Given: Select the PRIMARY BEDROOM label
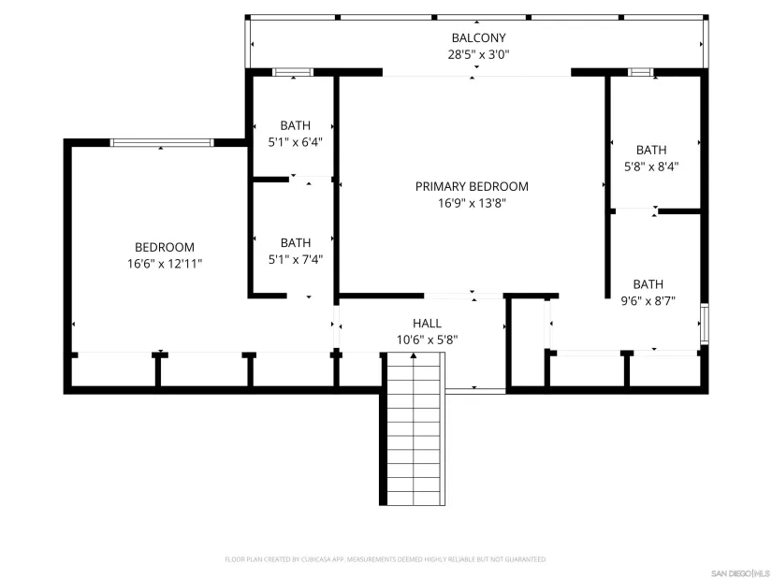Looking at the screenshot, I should click(472, 186).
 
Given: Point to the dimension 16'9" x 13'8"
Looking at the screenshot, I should click(472, 203).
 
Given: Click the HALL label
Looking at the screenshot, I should click(427, 323).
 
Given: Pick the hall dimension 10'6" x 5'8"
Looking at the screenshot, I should click(427, 340).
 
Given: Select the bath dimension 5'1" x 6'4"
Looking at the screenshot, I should click(295, 142).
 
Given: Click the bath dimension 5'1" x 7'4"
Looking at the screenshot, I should click(295, 259).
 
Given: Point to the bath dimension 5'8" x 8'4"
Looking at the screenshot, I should click(651, 166).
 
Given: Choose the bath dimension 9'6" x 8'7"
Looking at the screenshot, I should click(648, 301).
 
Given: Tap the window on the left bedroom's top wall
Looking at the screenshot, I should click(162, 142).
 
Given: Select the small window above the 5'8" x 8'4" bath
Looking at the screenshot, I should click(641, 72).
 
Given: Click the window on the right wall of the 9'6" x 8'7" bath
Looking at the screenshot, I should click(705, 325).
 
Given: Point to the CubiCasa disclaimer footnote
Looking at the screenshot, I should click(385, 559).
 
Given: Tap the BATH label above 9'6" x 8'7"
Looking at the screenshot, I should click(648, 284).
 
